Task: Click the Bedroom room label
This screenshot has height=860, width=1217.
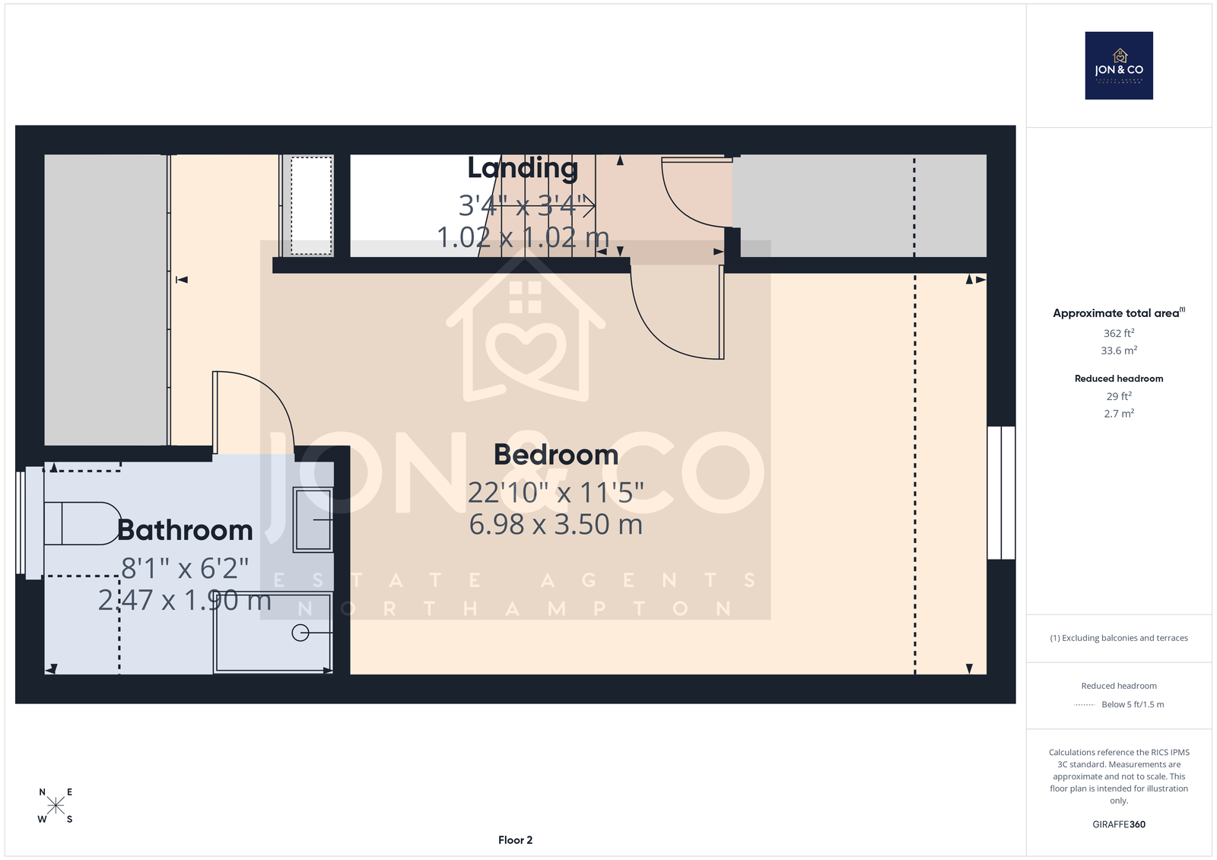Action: (x=556, y=455)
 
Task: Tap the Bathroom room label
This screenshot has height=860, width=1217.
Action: (x=185, y=530)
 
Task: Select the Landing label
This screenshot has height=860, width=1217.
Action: (x=523, y=168)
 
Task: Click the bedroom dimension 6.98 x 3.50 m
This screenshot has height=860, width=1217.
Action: (x=556, y=524)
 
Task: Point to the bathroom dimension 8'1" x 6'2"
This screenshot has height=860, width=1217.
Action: (x=185, y=568)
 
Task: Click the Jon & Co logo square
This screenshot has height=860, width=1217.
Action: (x=1119, y=65)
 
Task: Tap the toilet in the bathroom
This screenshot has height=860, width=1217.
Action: (x=81, y=523)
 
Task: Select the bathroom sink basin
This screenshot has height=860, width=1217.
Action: (x=313, y=520)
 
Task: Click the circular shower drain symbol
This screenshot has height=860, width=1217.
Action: (x=300, y=633)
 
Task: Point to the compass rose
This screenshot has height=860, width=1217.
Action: (x=56, y=805)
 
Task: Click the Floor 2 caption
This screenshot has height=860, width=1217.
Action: (x=515, y=840)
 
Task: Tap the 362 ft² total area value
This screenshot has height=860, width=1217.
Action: (x=1119, y=333)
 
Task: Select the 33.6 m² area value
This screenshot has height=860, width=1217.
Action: (x=1119, y=351)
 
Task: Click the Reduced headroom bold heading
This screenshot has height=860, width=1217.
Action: (x=1119, y=379)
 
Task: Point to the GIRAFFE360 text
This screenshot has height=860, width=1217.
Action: (x=1119, y=824)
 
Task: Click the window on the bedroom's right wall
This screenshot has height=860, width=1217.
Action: (x=1001, y=493)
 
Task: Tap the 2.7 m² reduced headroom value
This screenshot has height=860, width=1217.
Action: (x=1119, y=414)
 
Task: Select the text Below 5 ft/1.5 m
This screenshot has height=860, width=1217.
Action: (x=1133, y=705)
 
